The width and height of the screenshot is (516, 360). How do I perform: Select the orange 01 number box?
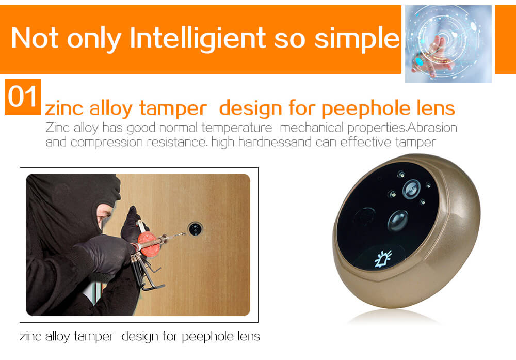(x=23, y=97)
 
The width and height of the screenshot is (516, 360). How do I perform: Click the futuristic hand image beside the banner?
(x=448, y=44)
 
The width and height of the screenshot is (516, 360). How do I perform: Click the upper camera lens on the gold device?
(x=411, y=190)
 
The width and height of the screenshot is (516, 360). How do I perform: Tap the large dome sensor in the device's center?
(x=398, y=221)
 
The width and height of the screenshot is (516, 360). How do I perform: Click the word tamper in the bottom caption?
(x=93, y=337)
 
